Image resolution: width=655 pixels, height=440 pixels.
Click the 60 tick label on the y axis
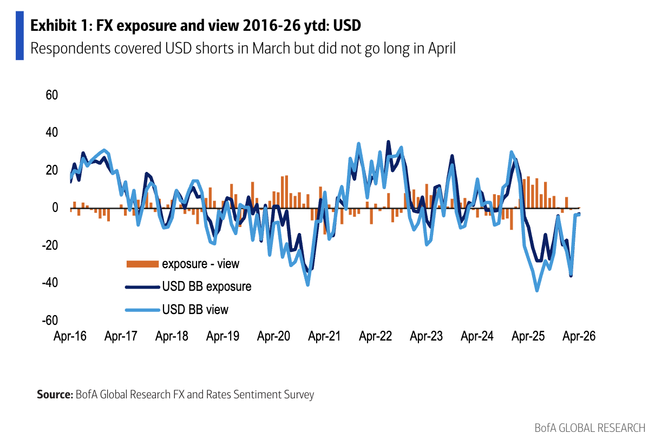point(51,95)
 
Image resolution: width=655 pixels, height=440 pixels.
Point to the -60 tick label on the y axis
point(49,321)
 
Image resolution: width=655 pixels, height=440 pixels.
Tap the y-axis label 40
point(51,132)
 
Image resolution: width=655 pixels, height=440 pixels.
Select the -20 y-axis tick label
point(49,245)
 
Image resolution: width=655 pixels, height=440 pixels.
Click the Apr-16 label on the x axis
point(70,336)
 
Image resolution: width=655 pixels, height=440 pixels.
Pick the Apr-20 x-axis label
point(273,336)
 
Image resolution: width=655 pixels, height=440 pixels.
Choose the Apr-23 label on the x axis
point(426,336)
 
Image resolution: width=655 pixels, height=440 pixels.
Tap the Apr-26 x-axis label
point(579,336)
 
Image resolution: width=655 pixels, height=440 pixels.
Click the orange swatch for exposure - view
point(142,264)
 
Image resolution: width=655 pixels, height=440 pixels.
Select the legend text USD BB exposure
point(206,286)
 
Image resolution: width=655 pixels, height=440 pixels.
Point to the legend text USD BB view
point(195,310)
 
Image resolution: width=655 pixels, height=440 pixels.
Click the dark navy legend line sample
point(142,286)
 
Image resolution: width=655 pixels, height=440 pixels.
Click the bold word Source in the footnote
point(54,395)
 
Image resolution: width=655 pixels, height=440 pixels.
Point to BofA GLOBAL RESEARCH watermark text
point(589,428)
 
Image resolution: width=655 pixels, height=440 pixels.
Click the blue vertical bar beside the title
point(19,35)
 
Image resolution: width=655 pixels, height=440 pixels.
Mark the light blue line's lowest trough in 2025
point(537,290)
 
